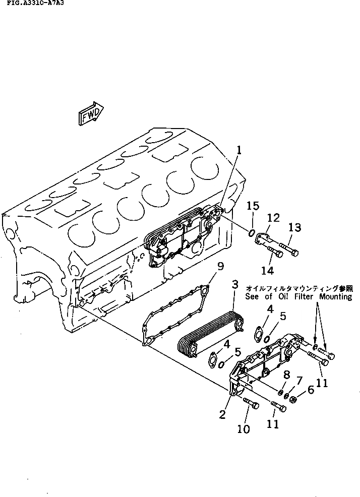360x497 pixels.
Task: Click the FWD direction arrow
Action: tap(91, 113)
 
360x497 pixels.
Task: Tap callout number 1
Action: tap(239, 150)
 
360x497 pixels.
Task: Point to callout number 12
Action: tap(273, 218)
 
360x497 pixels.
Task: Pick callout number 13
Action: tap(295, 228)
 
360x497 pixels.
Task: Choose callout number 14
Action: tap(267, 271)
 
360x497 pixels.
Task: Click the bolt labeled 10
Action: tap(251, 403)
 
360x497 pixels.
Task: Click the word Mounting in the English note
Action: tap(334, 297)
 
